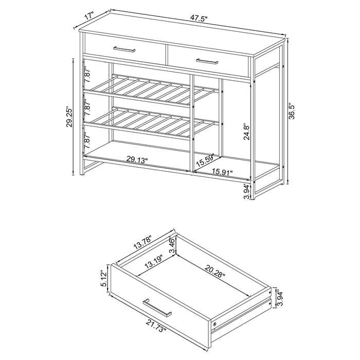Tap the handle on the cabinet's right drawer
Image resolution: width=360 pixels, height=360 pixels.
(207, 62)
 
